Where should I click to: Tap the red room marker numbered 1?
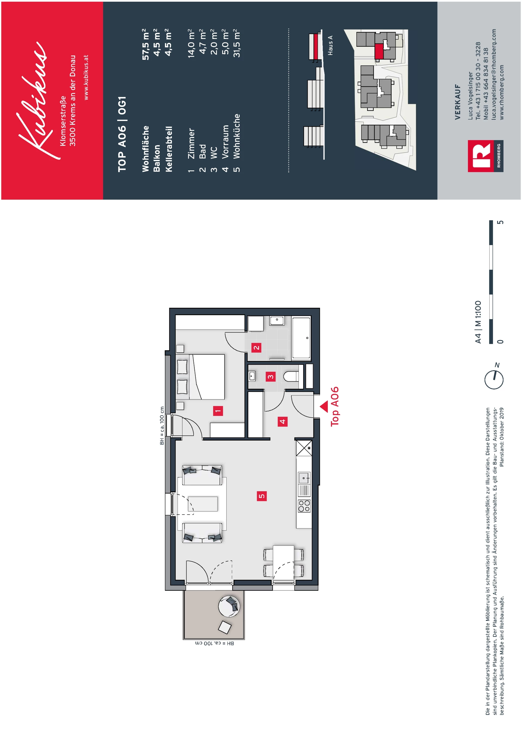pyautogui.click(x=218, y=411)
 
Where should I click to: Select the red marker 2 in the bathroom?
pyautogui.click(x=256, y=347)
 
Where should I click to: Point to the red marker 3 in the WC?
pyautogui.click(x=271, y=377)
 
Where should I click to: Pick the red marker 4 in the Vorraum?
pyautogui.click(x=282, y=421)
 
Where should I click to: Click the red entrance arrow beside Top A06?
pyautogui.click(x=324, y=406)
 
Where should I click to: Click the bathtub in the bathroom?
pyautogui.click(x=302, y=338)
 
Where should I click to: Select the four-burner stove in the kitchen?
pyautogui.click(x=304, y=506)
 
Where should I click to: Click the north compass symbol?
pyautogui.click(x=494, y=379)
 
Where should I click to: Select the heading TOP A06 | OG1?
pyautogui.click(x=122, y=134)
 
